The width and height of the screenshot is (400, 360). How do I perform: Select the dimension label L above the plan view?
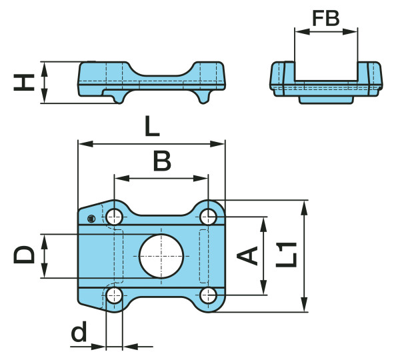152,127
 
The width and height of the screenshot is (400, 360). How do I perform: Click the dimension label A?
249,255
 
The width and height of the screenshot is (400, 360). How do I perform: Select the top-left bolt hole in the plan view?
114,216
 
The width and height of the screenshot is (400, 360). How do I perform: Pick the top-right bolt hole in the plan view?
209,216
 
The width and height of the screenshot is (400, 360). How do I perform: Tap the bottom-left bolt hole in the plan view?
114,295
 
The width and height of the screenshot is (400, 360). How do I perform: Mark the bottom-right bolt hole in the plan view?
209,295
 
